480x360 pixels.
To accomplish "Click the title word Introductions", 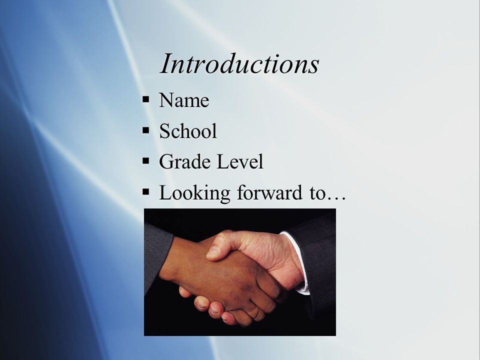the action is (239, 63).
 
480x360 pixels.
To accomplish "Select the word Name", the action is (184, 100).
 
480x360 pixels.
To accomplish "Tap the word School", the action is (188, 130).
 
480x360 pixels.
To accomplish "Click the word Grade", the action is (185, 161).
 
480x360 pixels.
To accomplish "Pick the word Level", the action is (239, 161).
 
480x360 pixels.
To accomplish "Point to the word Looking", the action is (194, 193).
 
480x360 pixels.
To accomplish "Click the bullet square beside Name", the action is (145, 99).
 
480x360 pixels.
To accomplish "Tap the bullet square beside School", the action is (145, 130).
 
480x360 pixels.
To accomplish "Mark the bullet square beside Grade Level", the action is (145, 160).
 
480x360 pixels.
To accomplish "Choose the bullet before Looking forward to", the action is (145, 192).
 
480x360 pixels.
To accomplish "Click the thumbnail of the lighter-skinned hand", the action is (213, 252).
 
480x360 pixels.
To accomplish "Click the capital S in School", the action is (164, 130).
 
